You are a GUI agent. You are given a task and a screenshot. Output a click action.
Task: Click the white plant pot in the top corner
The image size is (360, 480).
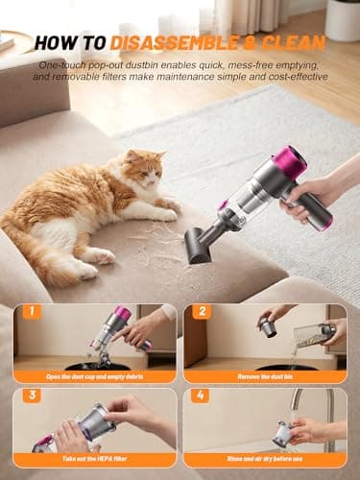pyautogui.click(x=343, y=19)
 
